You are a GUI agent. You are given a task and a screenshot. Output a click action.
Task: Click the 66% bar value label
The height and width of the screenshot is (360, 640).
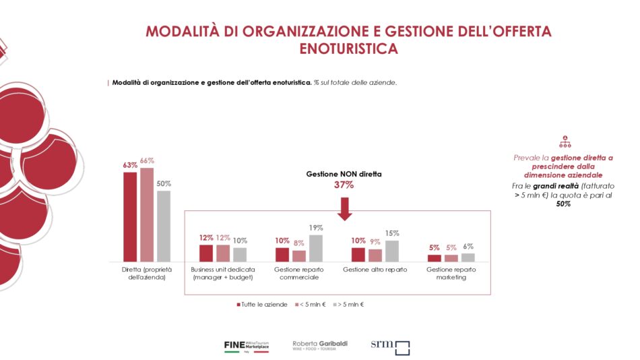pos(147,160)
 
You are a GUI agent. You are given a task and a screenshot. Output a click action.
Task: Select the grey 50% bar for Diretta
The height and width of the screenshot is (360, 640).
pos(164,226)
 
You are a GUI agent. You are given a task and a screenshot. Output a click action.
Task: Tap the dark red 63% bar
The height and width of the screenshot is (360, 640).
pos(130,216)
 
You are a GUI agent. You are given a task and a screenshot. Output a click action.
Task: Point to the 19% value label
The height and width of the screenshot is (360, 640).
pos(316,228)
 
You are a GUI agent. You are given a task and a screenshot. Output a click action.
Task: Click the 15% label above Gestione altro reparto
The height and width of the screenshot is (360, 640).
pos(392,233)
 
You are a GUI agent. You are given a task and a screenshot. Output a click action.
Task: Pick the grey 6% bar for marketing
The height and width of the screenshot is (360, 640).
pos(468,257)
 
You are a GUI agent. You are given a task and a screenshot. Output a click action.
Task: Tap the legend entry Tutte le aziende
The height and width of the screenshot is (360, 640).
pos(263,305)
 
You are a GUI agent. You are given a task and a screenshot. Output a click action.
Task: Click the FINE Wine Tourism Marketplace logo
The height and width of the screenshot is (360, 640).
pos(247,347)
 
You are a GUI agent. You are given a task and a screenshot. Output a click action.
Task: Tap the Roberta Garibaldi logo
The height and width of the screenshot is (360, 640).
pos(319,345)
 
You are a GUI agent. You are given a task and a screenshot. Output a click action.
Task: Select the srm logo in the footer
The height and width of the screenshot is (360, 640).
pos(390,347)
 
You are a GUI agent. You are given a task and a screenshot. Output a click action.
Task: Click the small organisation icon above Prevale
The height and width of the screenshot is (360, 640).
pos(565,142)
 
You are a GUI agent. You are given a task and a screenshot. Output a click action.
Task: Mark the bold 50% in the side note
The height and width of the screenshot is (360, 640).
pos(564,204)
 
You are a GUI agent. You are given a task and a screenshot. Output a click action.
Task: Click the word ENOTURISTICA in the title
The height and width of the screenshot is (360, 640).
pos(348,49)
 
